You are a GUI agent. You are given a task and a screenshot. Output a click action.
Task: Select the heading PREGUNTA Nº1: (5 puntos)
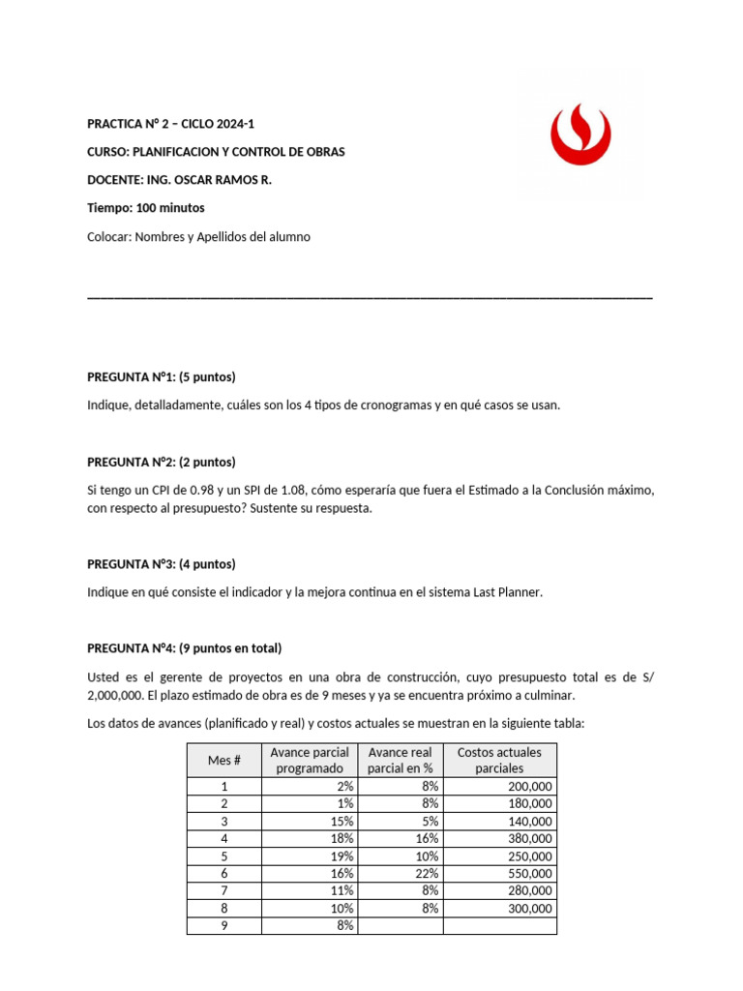[162, 376]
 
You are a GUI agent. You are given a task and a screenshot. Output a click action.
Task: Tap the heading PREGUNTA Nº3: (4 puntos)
[162, 564]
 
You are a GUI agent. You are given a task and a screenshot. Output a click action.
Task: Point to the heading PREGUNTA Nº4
[184, 648]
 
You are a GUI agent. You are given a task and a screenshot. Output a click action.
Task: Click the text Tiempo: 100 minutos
[146, 208]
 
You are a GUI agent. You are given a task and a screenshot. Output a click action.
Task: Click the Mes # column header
[223, 760]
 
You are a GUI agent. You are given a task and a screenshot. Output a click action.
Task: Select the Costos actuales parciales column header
[499, 760]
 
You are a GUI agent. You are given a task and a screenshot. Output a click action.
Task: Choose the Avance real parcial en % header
[401, 760]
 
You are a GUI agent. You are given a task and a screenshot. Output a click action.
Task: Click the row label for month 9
[223, 925]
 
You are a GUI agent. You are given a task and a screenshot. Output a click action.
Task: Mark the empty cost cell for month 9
[499, 925]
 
